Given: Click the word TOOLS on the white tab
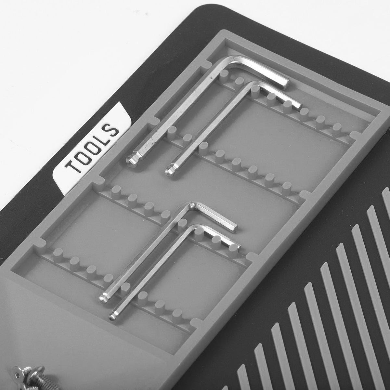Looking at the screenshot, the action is point(92,149).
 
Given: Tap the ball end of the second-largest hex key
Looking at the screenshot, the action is point(171,170).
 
